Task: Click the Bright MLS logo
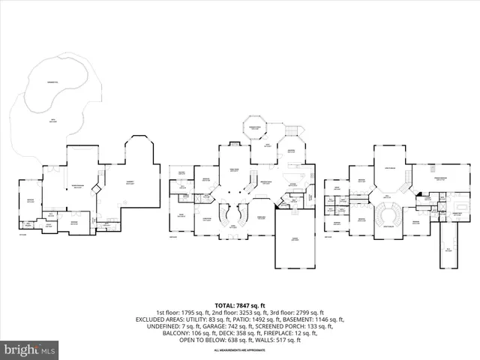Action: (x=30, y=349)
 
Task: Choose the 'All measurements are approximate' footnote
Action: (x=240, y=350)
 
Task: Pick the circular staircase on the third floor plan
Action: (x=388, y=214)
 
